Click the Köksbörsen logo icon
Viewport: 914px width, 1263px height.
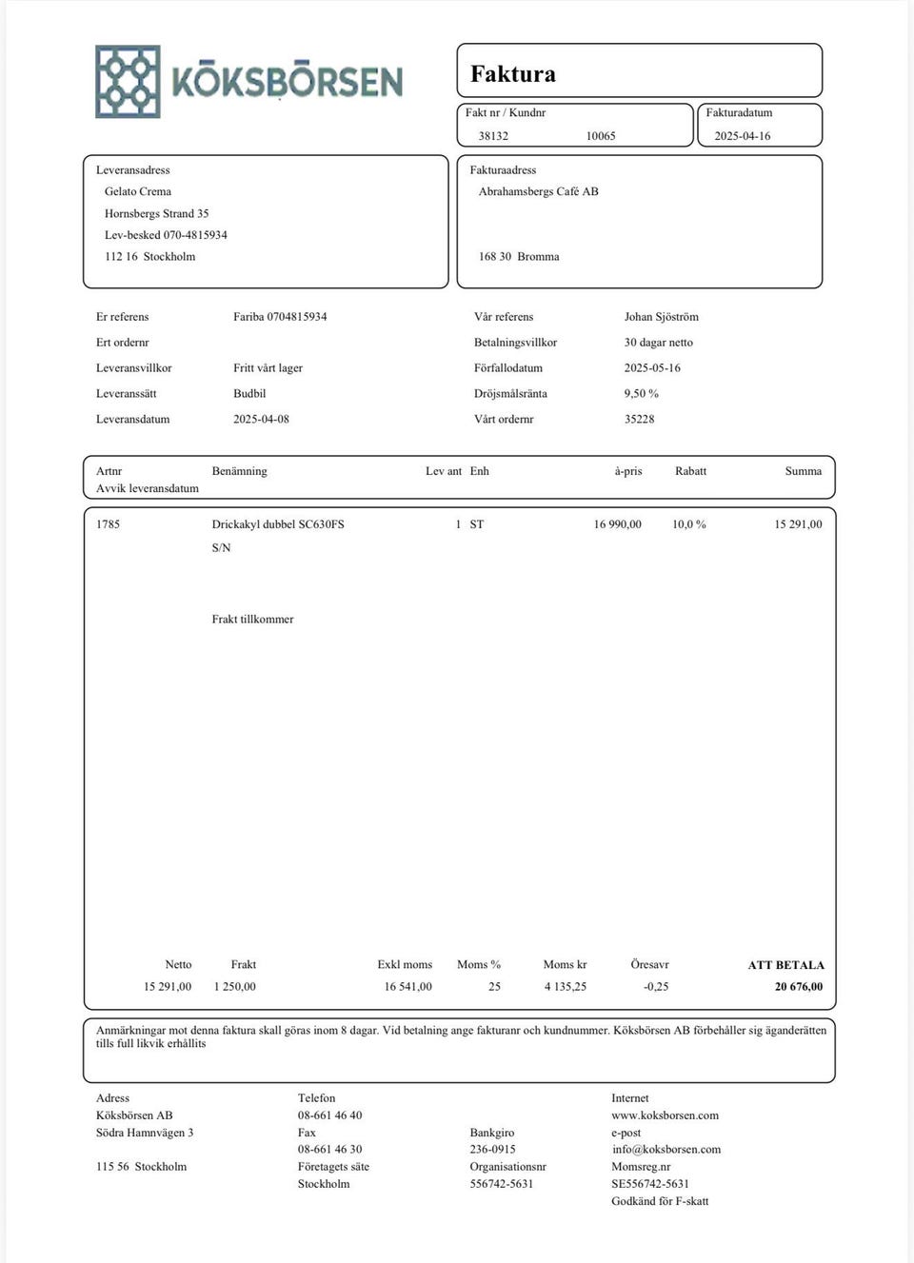[x=128, y=82]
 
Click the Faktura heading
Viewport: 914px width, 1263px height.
[x=513, y=74]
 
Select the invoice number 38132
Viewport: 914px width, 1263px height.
[x=493, y=136]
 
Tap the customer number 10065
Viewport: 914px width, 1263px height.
[x=601, y=136]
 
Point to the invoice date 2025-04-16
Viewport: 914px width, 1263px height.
[x=743, y=136]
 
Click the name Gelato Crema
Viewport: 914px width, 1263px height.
[x=138, y=191]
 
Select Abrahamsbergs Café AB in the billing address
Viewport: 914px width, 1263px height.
[x=539, y=191]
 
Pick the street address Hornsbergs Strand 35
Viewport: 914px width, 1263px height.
[x=157, y=213]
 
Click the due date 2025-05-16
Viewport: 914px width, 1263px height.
[x=652, y=367]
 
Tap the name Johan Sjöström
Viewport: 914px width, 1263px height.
[x=662, y=317]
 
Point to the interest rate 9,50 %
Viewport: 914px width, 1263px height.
[x=642, y=393]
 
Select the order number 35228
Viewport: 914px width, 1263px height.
[x=640, y=419]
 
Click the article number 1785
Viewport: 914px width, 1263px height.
[x=109, y=524]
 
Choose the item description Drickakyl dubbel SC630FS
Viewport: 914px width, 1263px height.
[x=278, y=524]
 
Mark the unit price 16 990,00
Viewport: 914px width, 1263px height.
[x=618, y=524]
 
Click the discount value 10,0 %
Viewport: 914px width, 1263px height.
[x=689, y=524]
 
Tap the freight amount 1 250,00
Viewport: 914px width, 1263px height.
[x=235, y=987]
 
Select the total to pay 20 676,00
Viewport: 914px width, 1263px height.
[x=799, y=987]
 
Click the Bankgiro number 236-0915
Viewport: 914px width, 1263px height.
[x=493, y=1149]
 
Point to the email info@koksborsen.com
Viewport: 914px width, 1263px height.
[x=666, y=1149]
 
